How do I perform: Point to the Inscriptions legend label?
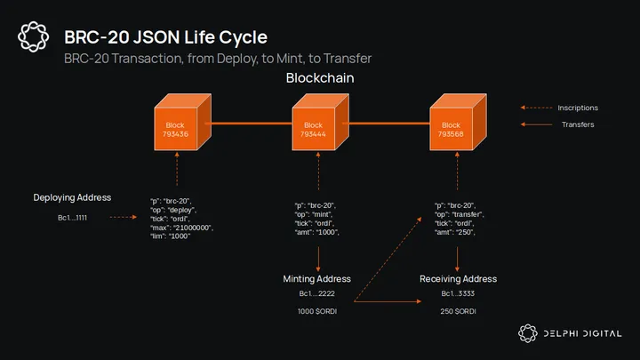coord(578,108)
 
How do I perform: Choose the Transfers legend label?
coord(578,124)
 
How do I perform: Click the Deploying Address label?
coord(72,197)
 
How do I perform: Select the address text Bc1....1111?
coord(72,217)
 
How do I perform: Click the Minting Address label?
coord(316,279)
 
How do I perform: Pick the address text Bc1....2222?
coord(316,293)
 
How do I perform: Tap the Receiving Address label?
coord(458,279)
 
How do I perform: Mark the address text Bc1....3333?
coord(458,293)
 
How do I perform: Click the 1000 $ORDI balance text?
coord(316,311)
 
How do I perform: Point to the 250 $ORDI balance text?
coord(458,311)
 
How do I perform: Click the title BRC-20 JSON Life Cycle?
coord(165,37)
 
